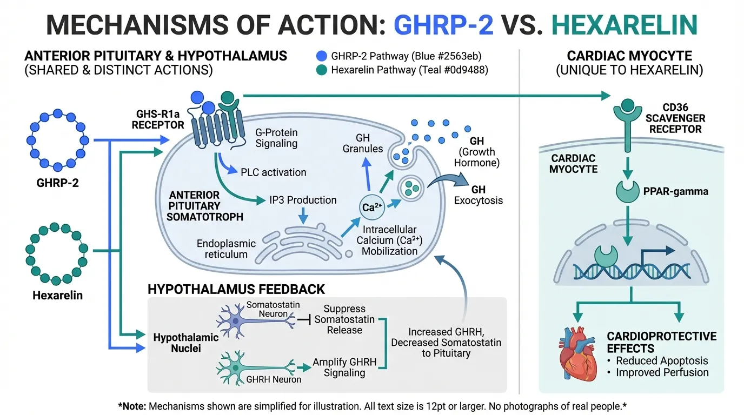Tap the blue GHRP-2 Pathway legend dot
[x=322, y=55]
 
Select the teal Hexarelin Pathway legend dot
[x=322, y=70]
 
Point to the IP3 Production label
[x=303, y=200]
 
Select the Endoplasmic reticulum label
[x=222, y=249]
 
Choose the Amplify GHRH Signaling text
[x=344, y=367]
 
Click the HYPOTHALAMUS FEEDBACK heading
[x=236, y=289]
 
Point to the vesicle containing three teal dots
[x=411, y=190]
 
